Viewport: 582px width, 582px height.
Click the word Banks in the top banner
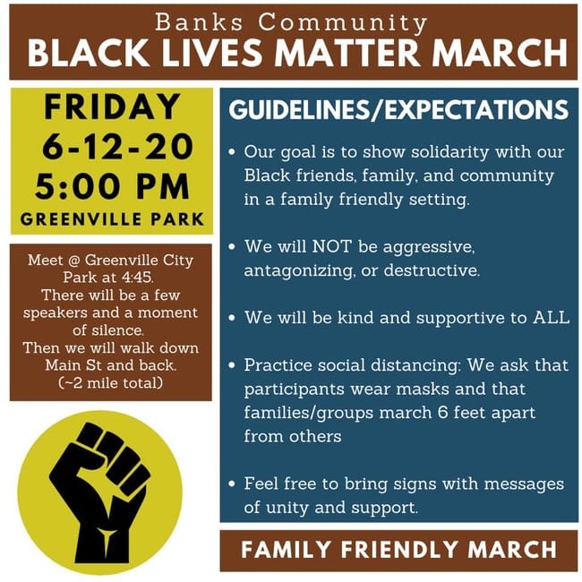[x=199, y=22]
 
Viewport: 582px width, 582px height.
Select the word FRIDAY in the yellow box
[x=112, y=107]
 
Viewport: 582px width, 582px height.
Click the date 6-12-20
[x=117, y=147]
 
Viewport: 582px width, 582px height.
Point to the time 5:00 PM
[x=113, y=186]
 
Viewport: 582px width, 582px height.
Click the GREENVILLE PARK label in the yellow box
[x=112, y=219]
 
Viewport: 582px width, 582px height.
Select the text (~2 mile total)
[x=111, y=382]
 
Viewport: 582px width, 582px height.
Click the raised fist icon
[x=100, y=493]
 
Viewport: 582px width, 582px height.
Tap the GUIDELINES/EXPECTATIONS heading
[x=398, y=110]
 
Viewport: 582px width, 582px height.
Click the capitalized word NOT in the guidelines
[x=331, y=246]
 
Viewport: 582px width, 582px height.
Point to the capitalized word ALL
[x=552, y=317]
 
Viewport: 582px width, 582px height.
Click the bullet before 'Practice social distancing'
[x=233, y=365]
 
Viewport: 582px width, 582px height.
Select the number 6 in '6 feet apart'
[x=443, y=413]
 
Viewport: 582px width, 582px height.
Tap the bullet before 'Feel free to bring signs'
[x=233, y=484]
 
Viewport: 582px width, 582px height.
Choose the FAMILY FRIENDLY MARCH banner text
[x=398, y=550]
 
